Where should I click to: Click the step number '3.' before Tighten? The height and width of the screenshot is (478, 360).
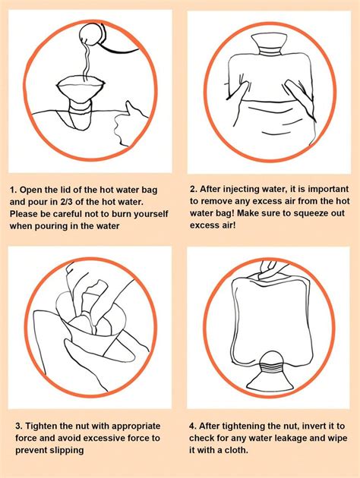[14, 426]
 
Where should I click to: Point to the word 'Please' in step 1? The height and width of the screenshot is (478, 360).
[26, 215]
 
